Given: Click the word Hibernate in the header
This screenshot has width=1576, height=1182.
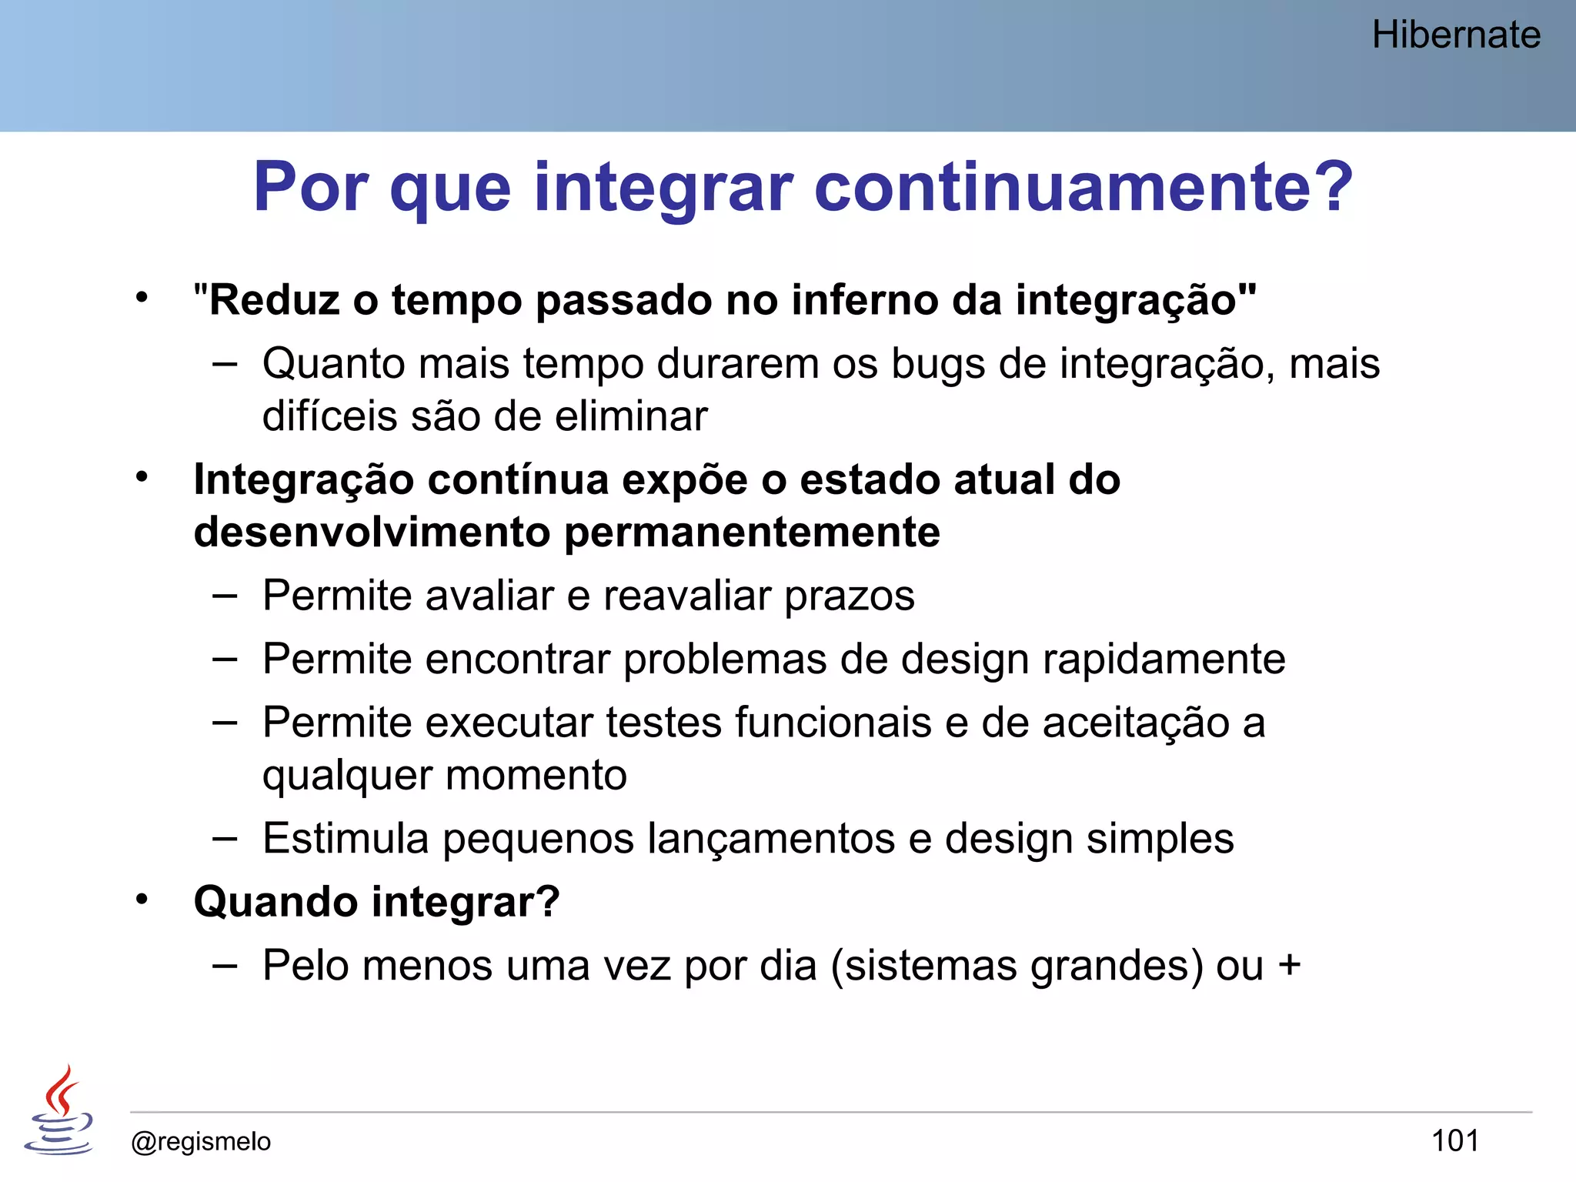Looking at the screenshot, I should tap(1456, 35).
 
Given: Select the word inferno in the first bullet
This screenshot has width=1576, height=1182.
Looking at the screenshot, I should tap(864, 300).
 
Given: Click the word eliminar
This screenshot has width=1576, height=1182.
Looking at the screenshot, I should tap(631, 416).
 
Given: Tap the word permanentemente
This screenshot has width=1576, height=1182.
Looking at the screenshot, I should tap(752, 533).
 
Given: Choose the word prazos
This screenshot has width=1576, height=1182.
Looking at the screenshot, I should tap(850, 596).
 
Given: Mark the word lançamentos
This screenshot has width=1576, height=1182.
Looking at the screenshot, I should tap(771, 839).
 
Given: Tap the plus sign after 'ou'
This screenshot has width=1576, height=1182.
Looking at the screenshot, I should tap(1289, 965).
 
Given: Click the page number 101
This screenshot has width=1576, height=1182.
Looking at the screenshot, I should tap(1454, 1140).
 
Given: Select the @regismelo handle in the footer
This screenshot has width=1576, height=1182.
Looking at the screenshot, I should tap(201, 1141).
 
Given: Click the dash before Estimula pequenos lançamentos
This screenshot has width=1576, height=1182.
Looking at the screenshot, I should tap(225, 838).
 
